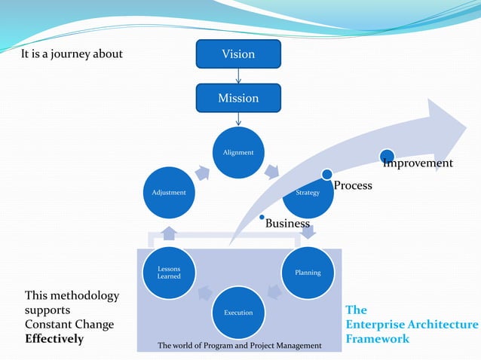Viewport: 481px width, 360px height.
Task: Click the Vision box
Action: pyautogui.click(x=238, y=53)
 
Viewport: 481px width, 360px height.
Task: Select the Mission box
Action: pyautogui.click(x=238, y=98)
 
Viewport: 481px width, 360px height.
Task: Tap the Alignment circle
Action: pyautogui.click(x=238, y=153)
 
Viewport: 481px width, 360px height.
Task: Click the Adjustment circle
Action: pyautogui.click(x=169, y=193)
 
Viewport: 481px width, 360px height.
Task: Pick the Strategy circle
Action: pyautogui.click(x=308, y=193)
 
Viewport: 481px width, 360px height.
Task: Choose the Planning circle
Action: pyautogui.click(x=308, y=273)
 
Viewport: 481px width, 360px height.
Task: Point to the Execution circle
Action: pyautogui.click(x=238, y=312)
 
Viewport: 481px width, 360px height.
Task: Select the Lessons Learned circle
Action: pyautogui.click(x=169, y=273)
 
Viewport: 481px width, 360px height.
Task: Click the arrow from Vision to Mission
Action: pyautogui.click(x=238, y=75)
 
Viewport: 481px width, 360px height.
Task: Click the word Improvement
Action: pyautogui.click(x=418, y=163)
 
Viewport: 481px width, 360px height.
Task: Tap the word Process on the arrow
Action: pyautogui.click(x=353, y=185)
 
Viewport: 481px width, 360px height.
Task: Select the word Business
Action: pyautogui.click(x=287, y=223)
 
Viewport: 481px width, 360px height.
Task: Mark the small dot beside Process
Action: pyautogui.click(x=326, y=175)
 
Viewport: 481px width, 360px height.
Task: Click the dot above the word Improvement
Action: pyautogui.click(x=387, y=155)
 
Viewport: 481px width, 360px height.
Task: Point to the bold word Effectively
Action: pyautogui.click(x=54, y=339)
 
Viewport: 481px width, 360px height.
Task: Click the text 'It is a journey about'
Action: pyautogui.click(x=72, y=54)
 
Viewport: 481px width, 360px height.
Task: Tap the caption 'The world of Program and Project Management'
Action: pyautogui.click(x=239, y=345)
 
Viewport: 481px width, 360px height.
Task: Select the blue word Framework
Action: pyautogui.click(x=377, y=339)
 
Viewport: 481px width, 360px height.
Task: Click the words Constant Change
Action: pyautogui.click(x=69, y=325)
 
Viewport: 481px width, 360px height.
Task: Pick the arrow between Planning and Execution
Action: pyautogui.click(x=274, y=292)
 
